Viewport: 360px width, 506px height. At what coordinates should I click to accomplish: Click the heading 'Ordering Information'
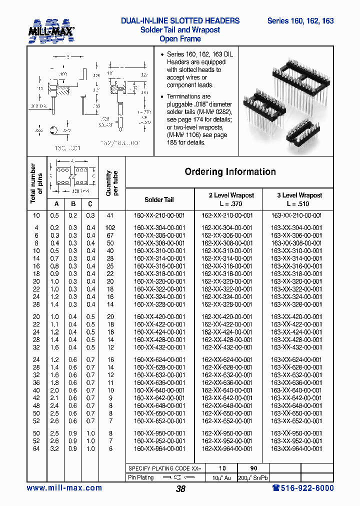(x=230, y=172)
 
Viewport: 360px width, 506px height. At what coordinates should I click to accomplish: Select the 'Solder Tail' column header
(x=159, y=199)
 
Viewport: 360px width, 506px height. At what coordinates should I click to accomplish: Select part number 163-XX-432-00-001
(x=296, y=347)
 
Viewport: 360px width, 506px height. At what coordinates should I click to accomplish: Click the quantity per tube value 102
(x=110, y=227)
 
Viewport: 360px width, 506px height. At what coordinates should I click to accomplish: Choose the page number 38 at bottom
(x=180, y=489)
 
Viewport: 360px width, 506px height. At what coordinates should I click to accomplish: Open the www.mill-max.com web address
(x=64, y=488)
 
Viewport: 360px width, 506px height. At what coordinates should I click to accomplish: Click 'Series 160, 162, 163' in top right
(x=300, y=21)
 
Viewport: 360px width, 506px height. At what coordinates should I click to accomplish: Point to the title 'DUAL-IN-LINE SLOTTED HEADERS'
(x=180, y=21)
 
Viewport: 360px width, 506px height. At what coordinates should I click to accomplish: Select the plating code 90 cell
(x=253, y=468)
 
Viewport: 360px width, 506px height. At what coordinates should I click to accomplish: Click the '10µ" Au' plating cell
(x=221, y=477)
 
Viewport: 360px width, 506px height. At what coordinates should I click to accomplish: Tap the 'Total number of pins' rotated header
(x=36, y=183)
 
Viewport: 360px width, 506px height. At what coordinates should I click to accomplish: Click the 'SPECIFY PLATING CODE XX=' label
(x=164, y=468)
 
